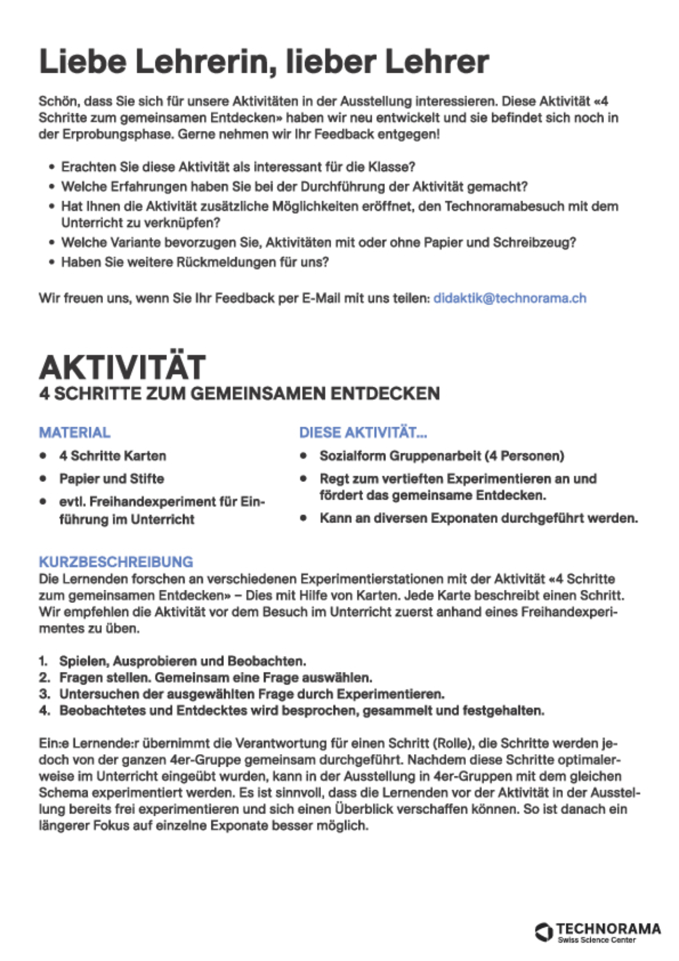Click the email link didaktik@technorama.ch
509,298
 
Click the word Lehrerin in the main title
206,61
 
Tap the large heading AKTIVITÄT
122,367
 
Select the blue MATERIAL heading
74,433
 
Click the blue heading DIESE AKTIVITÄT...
362,433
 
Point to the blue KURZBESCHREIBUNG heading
116,562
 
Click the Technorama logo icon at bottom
543,932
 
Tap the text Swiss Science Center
596,940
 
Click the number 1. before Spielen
43,661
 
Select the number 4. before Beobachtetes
44,711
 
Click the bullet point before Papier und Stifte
43,479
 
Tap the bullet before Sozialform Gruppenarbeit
303,456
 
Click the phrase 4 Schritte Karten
113,456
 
